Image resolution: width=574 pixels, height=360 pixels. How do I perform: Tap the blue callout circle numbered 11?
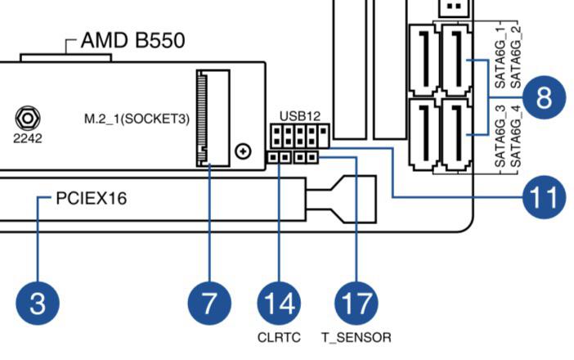pos(544,196)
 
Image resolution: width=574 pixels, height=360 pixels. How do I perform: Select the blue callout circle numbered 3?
pos(37,304)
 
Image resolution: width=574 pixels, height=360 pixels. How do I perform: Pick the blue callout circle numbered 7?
pos(210,304)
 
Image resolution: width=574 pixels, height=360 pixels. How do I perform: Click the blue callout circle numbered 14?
pos(280,304)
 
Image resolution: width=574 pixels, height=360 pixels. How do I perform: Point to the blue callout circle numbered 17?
pos(357,304)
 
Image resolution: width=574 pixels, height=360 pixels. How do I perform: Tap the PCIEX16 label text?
pos(92,198)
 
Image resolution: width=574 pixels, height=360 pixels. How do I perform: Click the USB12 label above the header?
pos(296,115)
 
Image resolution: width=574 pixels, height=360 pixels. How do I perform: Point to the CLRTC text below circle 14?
pos(280,336)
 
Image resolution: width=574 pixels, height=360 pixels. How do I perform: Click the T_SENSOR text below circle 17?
pos(356,336)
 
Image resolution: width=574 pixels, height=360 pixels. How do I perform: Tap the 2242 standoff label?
pos(27,137)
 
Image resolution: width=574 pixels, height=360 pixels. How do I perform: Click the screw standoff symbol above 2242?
pos(27,118)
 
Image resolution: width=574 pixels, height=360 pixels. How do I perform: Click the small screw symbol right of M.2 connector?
pos(242,151)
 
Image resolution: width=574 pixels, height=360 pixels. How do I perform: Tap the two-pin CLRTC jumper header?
pos(280,156)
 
